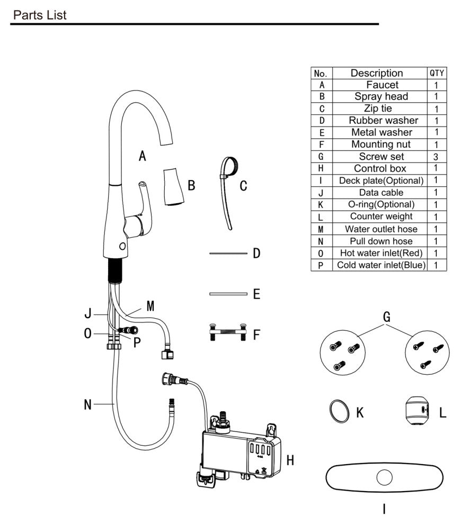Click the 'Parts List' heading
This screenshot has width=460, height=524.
pyautogui.click(x=40, y=15)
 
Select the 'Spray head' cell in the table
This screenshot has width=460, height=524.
pyautogui.click(x=381, y=96)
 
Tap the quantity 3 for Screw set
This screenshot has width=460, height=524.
pyautogui.click(x=436, y=156)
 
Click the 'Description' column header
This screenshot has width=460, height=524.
pyautogui.click(x=377, y=73)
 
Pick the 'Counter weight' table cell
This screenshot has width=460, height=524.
pyautogui.click(x=381, y=216)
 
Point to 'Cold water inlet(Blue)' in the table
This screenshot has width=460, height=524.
pyautogui.click(x=381, y=265)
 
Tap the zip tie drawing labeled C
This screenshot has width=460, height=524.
pyautogui.click(x=228, y=193)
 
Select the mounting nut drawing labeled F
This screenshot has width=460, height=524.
pyautogui.click(x=228, y=332)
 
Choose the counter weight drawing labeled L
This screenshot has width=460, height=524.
pyautogui.click(x=417, y=411)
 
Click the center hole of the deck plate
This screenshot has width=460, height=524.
pyautogui.click(x=384, y=477)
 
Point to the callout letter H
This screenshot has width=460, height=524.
pyautogui.click(x=290, y=460)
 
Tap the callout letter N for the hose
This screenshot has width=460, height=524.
pyautogui.click(x=87, y=405)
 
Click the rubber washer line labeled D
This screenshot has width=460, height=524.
pyautogui.click(x=228, y=254)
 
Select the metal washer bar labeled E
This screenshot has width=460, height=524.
pyautogui.click(x=228, y=294)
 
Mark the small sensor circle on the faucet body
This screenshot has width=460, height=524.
pyautogui.click(x=122, y=246)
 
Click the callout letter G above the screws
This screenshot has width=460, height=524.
pyautogui.click(x=386, y=317)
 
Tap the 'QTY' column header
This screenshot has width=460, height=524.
pyautogui.click(x=437, y=73)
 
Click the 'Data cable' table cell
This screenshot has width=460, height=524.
pyautogui.click(x=381, y=193)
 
